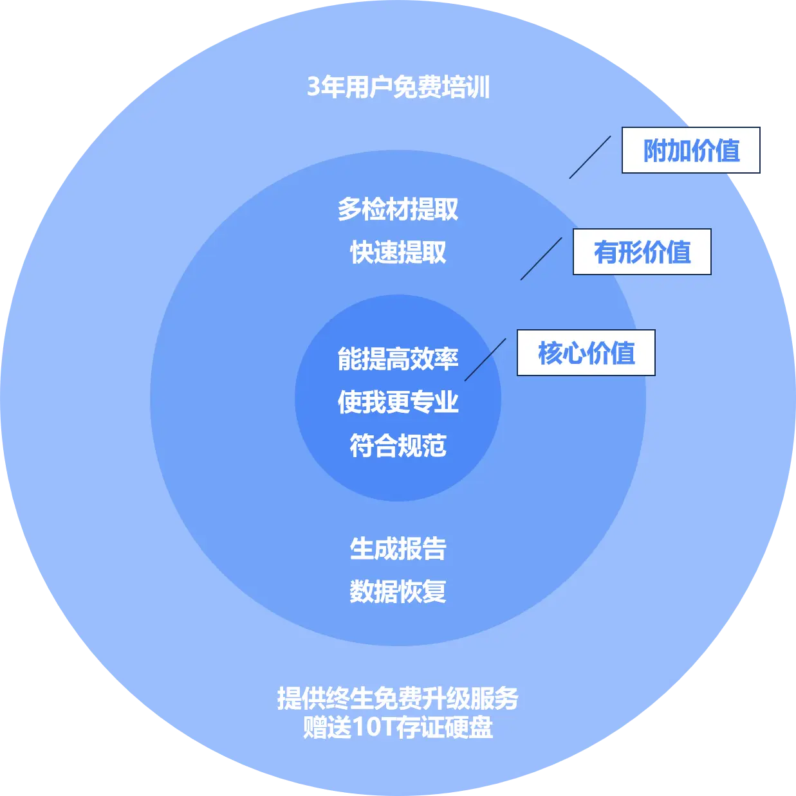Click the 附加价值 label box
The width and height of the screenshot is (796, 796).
click(x=691, y=150)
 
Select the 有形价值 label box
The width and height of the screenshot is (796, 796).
click(x=642, y=252)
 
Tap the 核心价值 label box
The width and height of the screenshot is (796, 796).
click(x=586, y=353)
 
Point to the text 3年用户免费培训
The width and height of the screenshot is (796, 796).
click(x=398, y=87)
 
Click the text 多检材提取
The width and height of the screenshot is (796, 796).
click(x=398, y=210)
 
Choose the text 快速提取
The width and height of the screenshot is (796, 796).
click(x=398, y=253)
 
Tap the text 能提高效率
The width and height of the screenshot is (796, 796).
click(x=398, y=359)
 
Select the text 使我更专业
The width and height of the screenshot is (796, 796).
click(x=398, y=402)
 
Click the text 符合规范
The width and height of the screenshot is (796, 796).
click(x=398, y=445)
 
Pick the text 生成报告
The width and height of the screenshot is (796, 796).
click(x=398, y=548)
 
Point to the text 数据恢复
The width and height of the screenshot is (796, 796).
click(x=398, y=592)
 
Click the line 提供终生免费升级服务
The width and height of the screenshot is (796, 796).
click(x=398, y=698)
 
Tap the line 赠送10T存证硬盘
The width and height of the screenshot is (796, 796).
click(x=398, y=727)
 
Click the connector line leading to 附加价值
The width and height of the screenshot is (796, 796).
click(x=590, y=157)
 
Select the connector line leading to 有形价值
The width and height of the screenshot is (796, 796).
click(x=541, y=258)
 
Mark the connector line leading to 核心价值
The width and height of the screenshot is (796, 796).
click(x=485, y=359)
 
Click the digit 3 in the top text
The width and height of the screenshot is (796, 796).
click(x=313, y=87)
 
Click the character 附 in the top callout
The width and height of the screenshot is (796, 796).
click(x=655, y=151)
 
